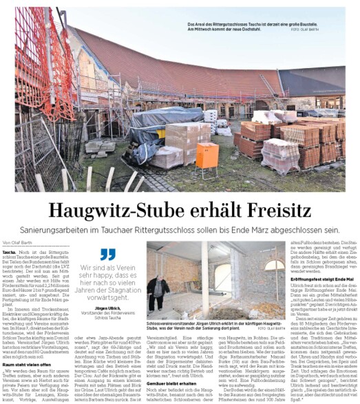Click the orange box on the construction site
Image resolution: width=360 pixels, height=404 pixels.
[x=207, y=153]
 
